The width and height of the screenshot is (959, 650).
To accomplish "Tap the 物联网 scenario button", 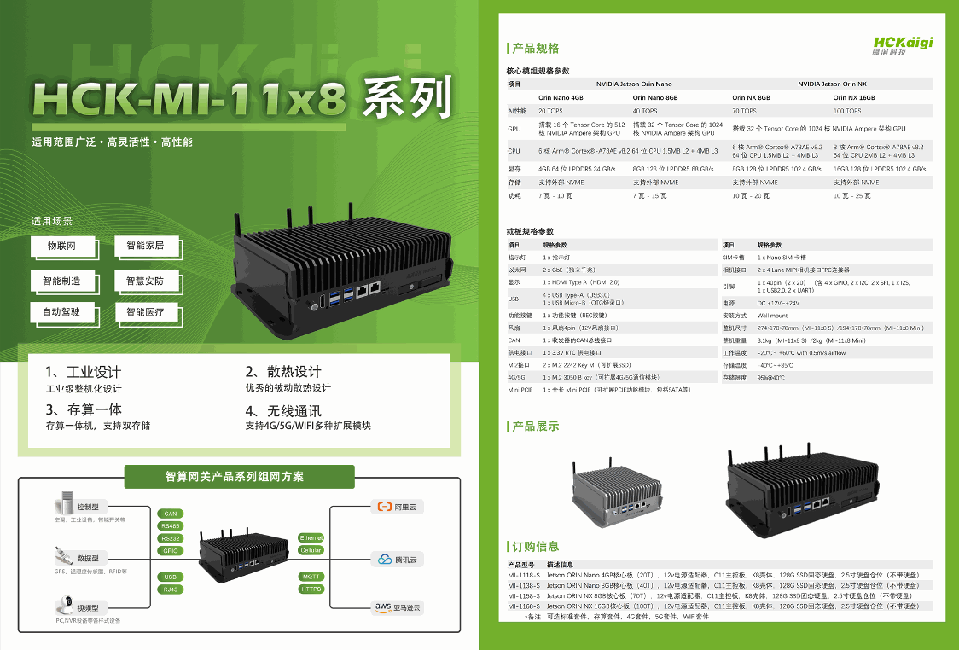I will [x=61, y=246].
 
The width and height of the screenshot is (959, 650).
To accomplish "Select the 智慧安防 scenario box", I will [x=145, y=281].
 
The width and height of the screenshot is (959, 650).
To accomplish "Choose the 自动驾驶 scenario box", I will [x=61, y=312].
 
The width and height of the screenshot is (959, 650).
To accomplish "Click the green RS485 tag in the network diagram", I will [x=170, y=526].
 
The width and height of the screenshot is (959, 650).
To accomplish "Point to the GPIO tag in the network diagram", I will [x=170, y=550].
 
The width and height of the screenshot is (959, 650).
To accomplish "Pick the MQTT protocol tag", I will [x=311, y=577].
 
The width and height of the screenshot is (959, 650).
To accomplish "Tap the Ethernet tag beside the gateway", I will [x=311, y=538].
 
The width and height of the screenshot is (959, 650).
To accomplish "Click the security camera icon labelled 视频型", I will [x=64, y=607].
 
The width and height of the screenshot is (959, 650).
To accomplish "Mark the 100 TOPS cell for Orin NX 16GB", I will [x=847, y=111].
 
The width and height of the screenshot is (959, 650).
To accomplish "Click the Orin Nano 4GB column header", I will [x=561, y=97].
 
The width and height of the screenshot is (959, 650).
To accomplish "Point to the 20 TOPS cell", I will [x=550, y=111].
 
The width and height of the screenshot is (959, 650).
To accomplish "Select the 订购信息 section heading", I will [x=535, y=546].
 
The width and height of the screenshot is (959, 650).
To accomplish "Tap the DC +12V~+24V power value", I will [x=779, y=303].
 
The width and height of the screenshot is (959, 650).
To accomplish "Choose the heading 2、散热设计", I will [x=283, y=371].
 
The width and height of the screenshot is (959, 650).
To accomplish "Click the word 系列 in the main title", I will [x=406, y=98].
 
